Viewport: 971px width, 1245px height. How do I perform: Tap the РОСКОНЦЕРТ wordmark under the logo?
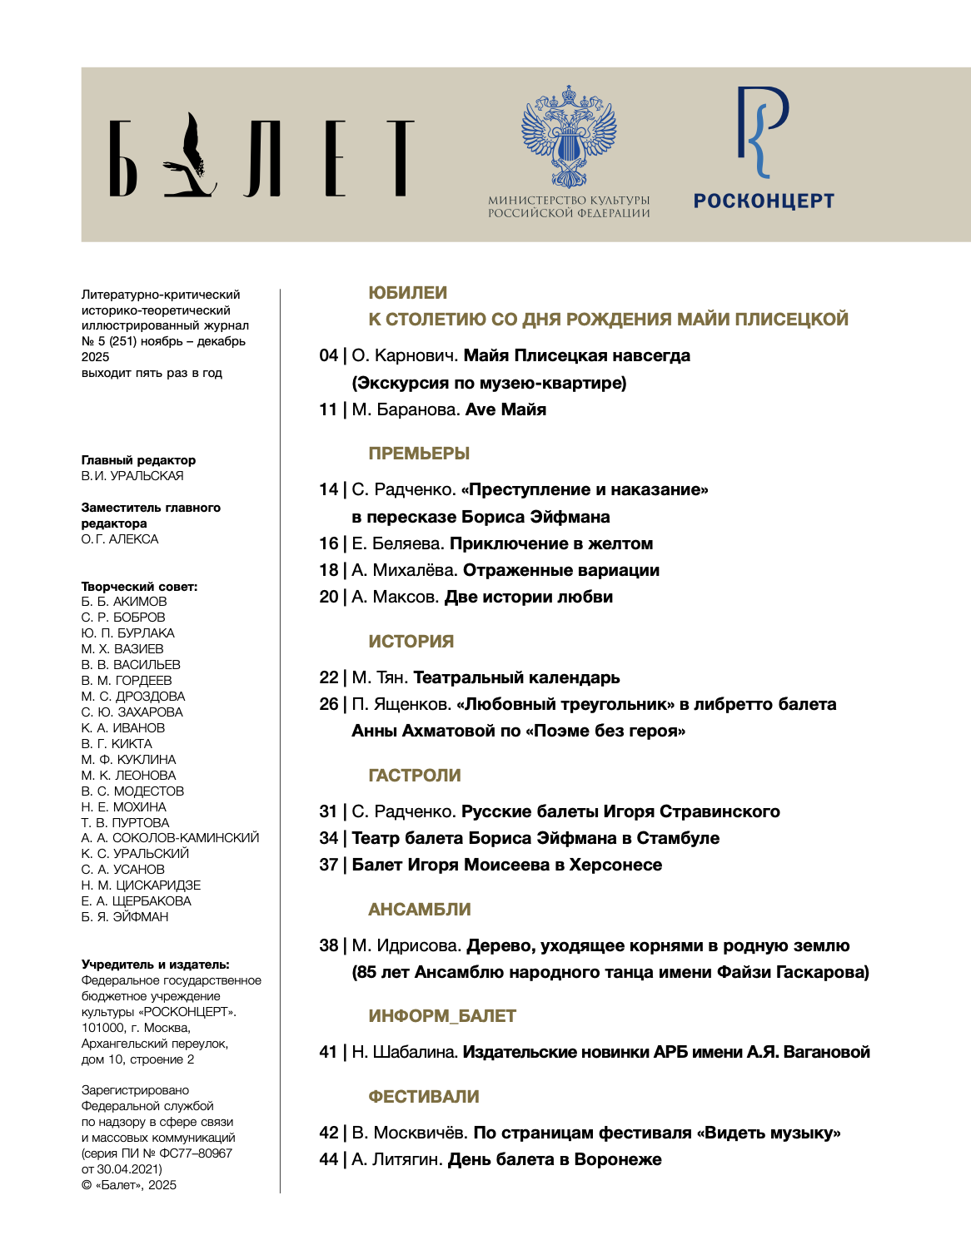[x=764, y=201]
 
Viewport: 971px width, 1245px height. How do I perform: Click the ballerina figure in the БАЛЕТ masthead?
[x=193, y=156]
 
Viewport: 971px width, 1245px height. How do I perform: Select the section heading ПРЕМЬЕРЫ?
[x=419, y=454]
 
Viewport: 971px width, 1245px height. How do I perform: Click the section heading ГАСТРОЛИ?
[x=415, y=776]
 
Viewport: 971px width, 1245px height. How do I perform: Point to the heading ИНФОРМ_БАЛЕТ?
[x=442, y=1016]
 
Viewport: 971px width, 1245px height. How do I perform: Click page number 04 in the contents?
[x=328, y=356]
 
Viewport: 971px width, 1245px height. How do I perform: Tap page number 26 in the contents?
[x=328, y=705]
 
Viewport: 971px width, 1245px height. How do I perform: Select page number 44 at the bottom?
[x=328, y=1160]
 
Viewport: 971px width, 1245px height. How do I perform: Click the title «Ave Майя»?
[x=505, y=409]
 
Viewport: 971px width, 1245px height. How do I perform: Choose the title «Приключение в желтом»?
[x=551, y=543]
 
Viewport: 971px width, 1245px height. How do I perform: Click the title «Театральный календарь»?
[x=516, y=678]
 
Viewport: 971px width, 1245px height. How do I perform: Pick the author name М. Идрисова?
[x=406, y=946]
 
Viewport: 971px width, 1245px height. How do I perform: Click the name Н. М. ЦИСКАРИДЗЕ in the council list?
[x=141, y=885]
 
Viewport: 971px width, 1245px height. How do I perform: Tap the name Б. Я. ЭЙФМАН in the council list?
[x=125, y=917]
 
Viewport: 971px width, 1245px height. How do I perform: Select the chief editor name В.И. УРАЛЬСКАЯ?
[x=132, y=476]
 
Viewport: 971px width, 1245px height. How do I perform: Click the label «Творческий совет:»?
[x=139, y=587]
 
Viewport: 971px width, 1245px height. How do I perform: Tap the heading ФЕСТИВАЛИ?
[x=424, y=1097]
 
